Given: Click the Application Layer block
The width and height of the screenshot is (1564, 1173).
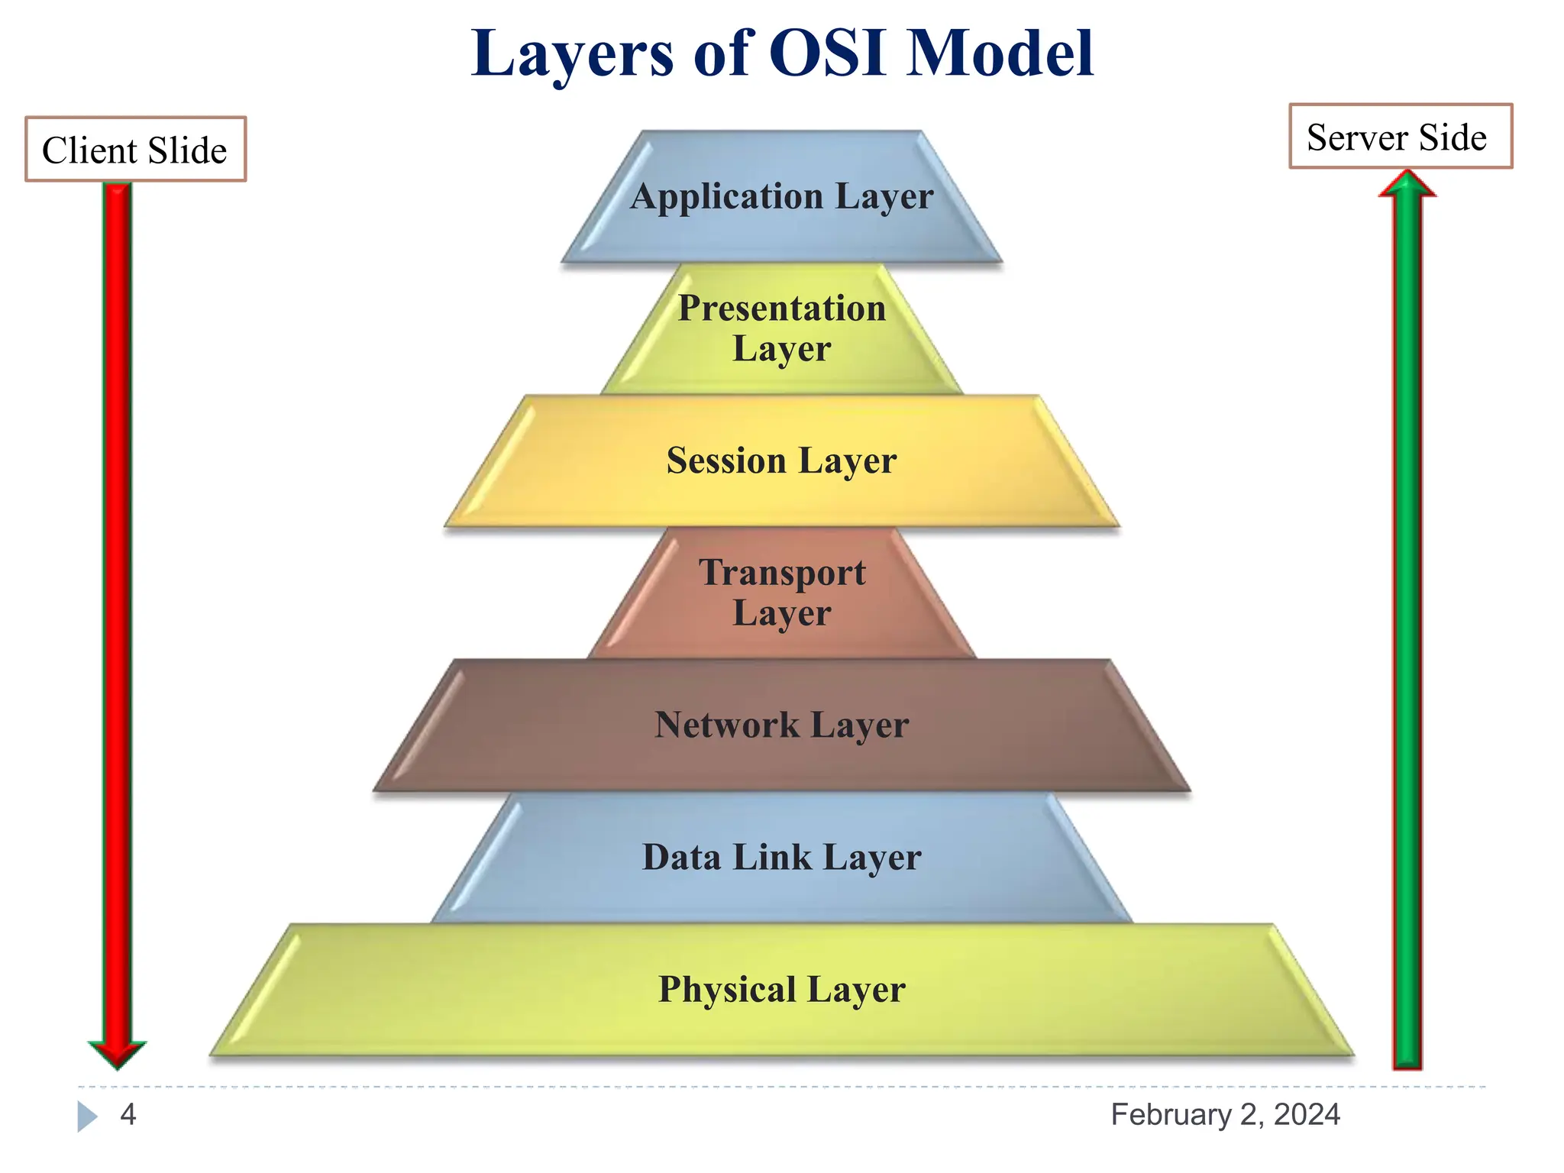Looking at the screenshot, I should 781,197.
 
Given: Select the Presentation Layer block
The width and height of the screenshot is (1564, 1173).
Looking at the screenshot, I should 781,329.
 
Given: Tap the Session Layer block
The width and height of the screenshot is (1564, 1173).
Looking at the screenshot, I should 781,461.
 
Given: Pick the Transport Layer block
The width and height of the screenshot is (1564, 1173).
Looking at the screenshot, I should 781,593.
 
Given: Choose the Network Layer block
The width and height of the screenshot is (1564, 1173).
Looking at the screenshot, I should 781,725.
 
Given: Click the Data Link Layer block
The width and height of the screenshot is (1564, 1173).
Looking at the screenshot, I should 781,858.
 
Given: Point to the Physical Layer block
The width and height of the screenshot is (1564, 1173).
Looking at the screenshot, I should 781,990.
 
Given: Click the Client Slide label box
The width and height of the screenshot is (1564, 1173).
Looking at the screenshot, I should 135,150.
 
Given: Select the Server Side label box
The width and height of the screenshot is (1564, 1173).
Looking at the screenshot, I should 1400,137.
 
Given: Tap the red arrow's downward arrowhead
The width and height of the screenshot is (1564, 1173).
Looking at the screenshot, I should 117,1053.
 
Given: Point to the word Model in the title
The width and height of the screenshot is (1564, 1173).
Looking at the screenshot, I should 1000,53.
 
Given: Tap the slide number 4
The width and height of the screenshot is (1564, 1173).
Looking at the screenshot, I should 128,1114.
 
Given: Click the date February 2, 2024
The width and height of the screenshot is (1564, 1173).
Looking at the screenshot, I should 1225,1114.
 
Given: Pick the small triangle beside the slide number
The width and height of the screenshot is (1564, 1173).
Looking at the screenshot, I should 86,1116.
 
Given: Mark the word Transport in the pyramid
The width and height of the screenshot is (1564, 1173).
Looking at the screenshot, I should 782,573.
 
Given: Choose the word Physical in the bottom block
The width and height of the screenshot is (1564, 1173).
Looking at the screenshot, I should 727,990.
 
